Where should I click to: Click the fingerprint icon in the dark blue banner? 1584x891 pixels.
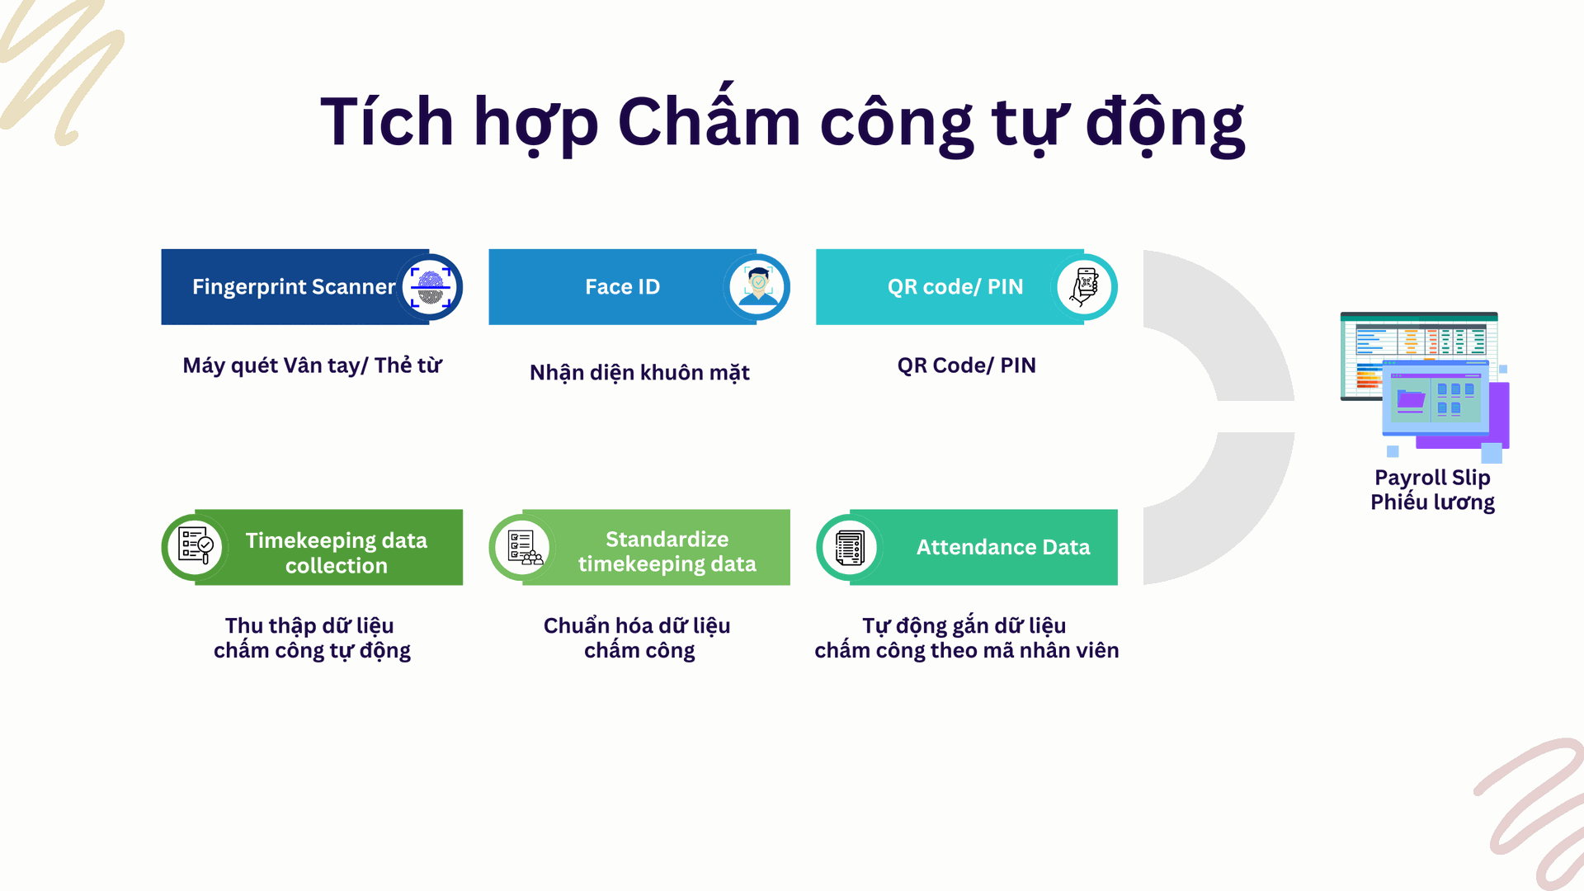(x=430, y=287)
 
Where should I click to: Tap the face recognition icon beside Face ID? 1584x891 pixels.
(x=757, y=286)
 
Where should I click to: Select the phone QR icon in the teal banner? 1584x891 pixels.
(x=1084, y=286)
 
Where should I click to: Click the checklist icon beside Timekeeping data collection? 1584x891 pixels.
(x=196, y=546)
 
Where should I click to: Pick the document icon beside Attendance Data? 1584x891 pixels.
(x=850, y=547)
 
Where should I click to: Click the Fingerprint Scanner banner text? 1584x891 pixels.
(x=294, y=287)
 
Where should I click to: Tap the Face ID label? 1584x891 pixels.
(x=622, y=287)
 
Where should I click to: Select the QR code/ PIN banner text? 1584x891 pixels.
(x=955, y=287)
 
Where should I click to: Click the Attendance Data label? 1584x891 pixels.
(x=1003, y=547)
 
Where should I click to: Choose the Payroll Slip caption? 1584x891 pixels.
(x=1432, y=478)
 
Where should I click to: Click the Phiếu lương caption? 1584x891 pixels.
(x=1432, y=502)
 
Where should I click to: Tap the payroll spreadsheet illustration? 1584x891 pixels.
(x=1425, y=386)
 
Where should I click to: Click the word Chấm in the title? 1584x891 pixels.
(x=709, y=120)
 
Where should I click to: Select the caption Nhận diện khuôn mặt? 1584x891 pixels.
(x=639, y=372)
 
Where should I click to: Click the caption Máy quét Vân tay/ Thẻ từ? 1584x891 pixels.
(x=312, y=365)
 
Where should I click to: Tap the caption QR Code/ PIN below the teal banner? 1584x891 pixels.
(x=966, y=365)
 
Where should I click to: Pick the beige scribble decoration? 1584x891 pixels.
(x=62, y=70)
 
